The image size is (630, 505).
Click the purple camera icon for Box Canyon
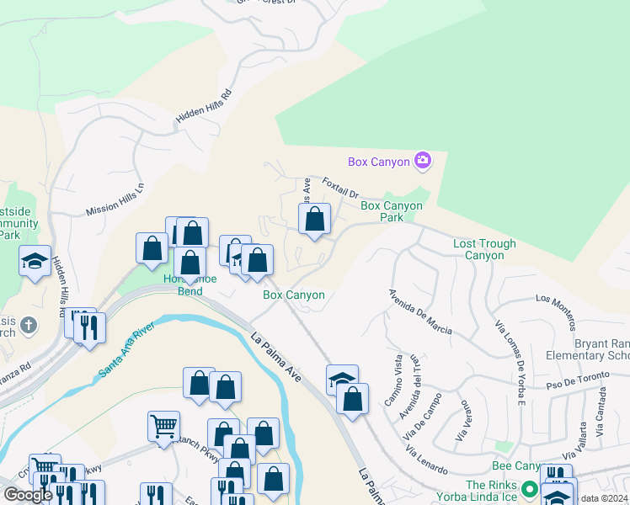(423, 161)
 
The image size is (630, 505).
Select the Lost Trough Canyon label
(484, 249)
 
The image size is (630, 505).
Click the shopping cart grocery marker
(163, 425)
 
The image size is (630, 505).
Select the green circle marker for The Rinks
(529, 488)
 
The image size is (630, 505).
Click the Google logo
(28, 495)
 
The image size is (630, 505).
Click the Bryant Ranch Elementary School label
(601, 349)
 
